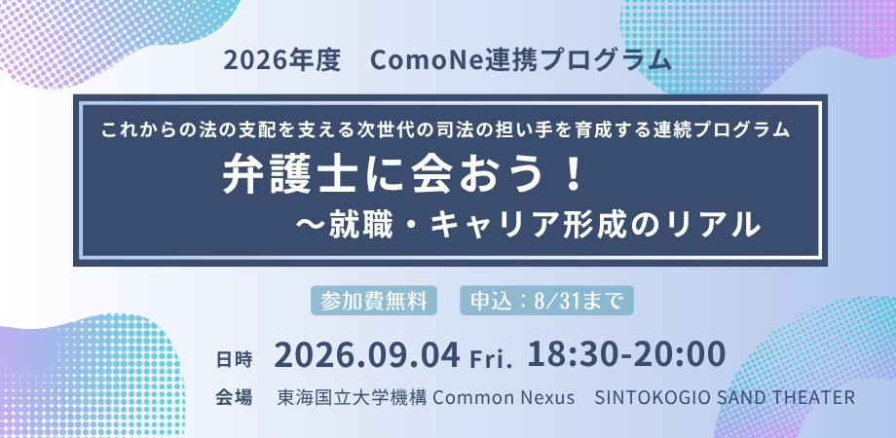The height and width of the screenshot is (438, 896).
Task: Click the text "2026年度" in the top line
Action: click(282, 61)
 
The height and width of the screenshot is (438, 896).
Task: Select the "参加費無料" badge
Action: click(374, 301)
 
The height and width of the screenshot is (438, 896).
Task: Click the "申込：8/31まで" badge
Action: click(546, 301)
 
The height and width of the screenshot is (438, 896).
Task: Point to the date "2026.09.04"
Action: click(367, 355)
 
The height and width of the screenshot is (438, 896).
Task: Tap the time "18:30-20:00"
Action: click(626, 354)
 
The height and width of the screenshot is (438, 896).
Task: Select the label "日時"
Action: click(235, 360)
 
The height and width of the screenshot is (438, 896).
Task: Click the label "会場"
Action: click(235, 397)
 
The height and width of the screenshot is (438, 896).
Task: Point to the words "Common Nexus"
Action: click(504, 397)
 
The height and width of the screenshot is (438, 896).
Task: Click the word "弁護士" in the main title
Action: click(273, 176)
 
